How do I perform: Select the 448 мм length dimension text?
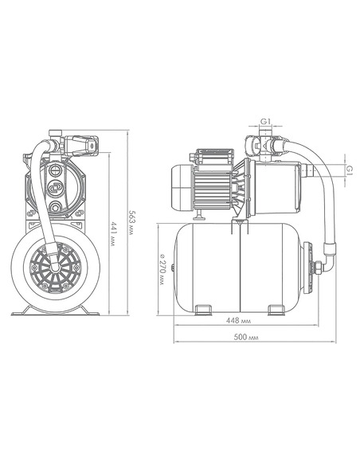click(238, 321)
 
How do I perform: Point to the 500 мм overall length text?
click(246, 337)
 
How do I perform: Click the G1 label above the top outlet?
click(265, 121)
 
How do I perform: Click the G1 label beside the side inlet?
click(350, 170)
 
